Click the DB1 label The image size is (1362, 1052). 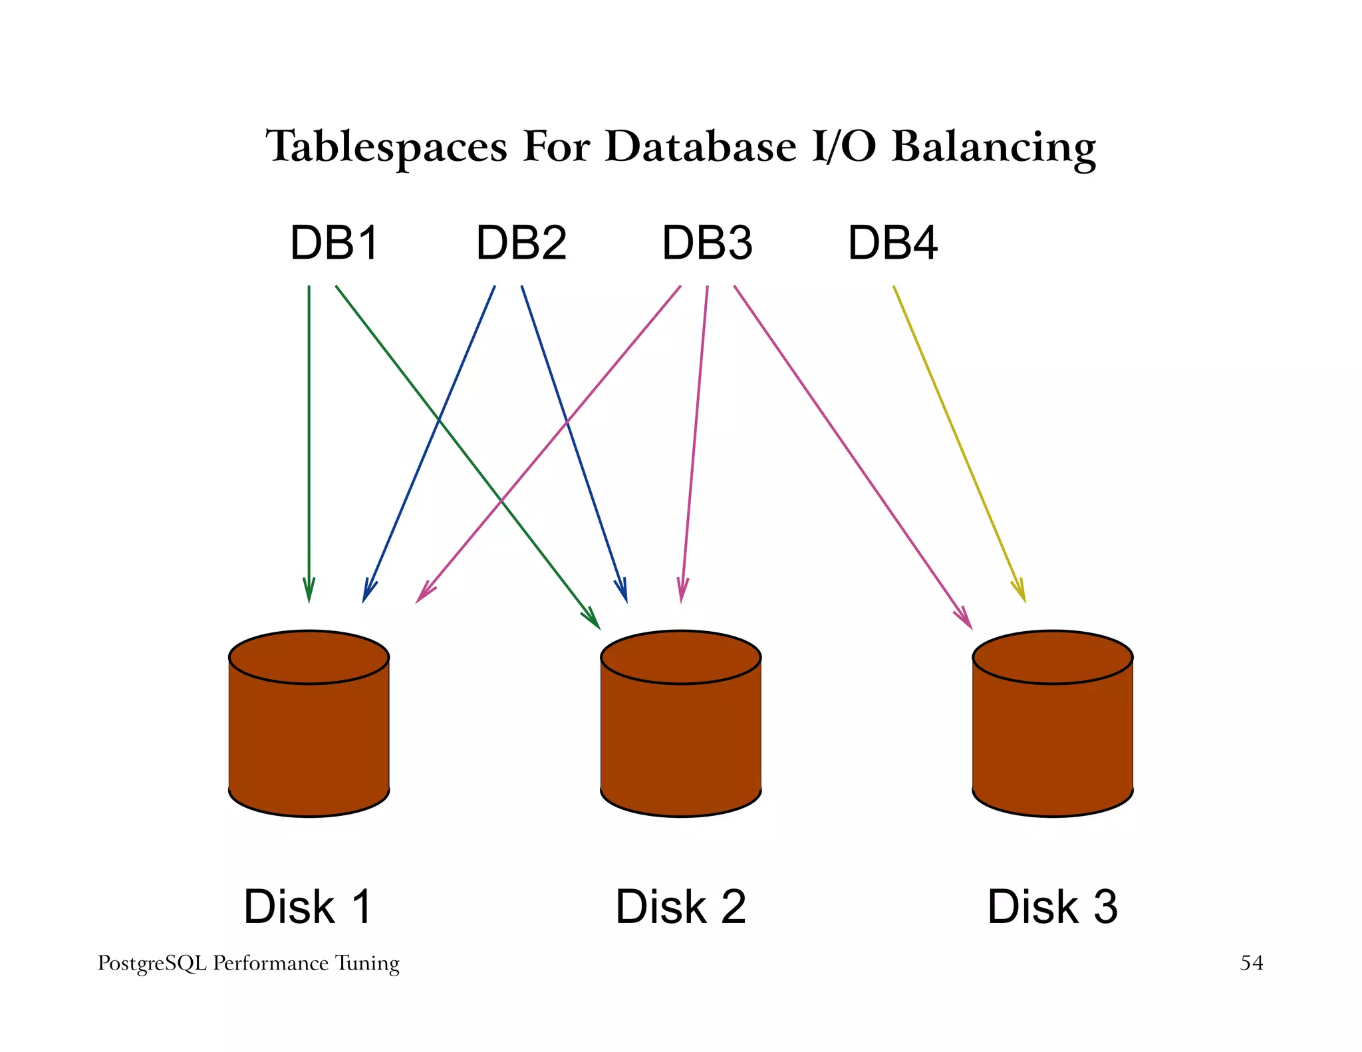(x=335, y=243)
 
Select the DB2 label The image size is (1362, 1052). (x=521, y=243)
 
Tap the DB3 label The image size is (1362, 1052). (x=707, y=243)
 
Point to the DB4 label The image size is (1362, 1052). (x=892, y=243)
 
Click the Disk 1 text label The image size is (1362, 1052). (x=308, y=906)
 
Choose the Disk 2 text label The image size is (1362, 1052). (x=680, y=906)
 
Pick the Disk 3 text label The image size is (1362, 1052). (x=1052, y=906)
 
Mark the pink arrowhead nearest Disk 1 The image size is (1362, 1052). (x=424, y=594)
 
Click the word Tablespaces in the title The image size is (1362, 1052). (x=386, y=146)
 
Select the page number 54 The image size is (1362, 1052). (x=1251, y=963)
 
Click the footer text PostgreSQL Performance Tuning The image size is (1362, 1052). (x=248, y=963)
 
